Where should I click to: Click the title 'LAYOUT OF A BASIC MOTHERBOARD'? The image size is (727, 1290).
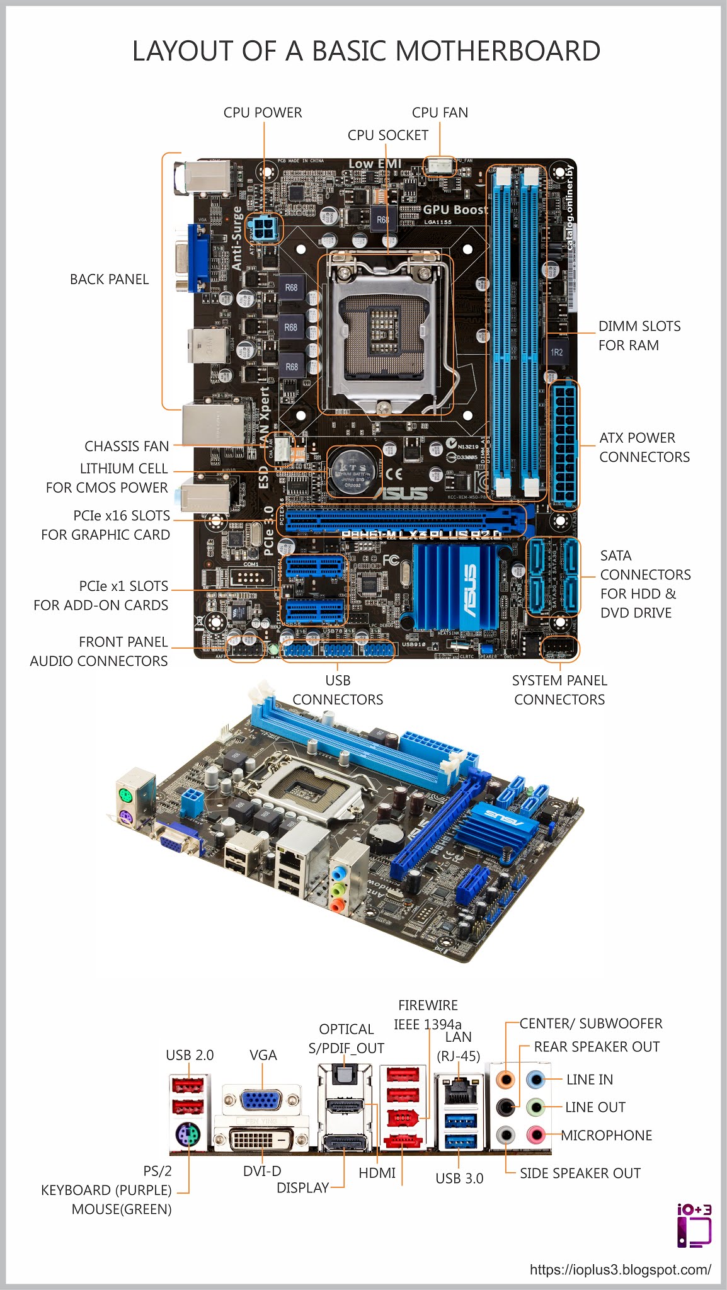[366, 51]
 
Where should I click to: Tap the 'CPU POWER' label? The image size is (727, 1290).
[263, 113]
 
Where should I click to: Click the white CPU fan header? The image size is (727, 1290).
[440, 166]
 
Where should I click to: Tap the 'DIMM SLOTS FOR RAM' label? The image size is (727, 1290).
[639, 336]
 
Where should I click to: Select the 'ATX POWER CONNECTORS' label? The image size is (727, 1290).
[644, 447]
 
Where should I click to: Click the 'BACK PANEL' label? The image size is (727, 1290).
[109, 280]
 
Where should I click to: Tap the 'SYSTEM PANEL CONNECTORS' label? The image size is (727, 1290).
[559, 690]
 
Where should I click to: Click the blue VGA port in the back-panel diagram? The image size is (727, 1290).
[261, 1100]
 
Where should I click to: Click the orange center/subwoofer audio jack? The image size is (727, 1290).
[505, 1079]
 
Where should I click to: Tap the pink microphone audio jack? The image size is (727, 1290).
[535, 1135]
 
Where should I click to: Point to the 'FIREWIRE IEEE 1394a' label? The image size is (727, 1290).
[428, 1014]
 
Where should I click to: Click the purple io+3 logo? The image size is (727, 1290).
[694, 1226]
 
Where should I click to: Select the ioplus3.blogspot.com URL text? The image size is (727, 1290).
[620, 1269]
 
